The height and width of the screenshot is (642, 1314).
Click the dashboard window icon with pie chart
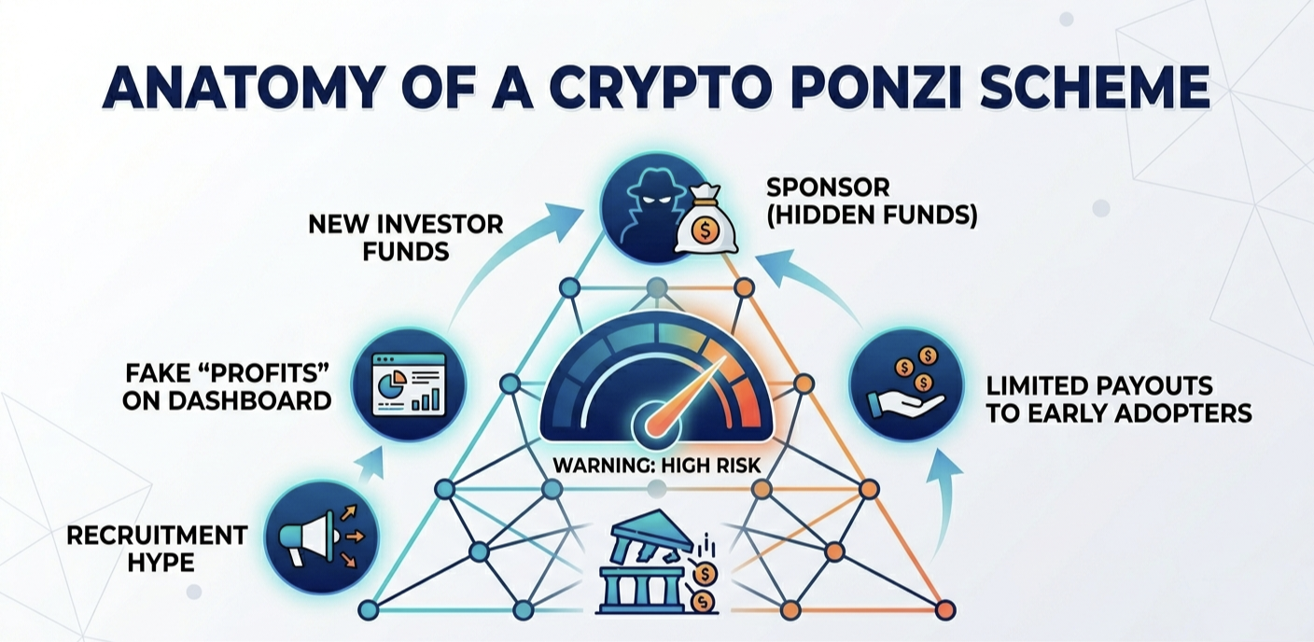tap(410, 384)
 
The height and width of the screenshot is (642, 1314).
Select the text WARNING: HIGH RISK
tap(657, 466)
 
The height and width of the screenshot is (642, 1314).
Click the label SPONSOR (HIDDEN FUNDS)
tap(872, 202)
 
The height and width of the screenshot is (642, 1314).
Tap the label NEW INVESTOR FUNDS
tap(406, 238)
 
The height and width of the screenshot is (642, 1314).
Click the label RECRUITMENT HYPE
tap(157, 549)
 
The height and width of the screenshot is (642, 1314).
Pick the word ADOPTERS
tap(1183, 414)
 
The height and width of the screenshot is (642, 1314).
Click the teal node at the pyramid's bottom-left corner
tap(369, 610)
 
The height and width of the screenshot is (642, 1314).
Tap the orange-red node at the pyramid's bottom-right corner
tap(945, 610)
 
